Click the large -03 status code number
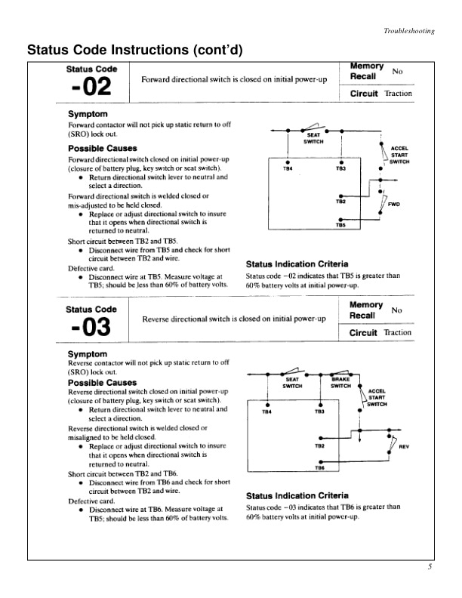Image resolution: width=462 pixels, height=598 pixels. (90, 329)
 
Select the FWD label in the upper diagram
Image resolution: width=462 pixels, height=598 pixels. (394, 204)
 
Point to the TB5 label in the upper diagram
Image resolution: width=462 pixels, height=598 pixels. (340, 225)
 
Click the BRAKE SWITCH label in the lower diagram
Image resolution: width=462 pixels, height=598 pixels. (343, 382)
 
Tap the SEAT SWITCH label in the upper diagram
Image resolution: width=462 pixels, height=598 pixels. (313, 138)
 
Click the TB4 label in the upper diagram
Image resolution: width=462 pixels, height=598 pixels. (287, 170)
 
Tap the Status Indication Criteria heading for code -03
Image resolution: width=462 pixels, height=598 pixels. (297, 495)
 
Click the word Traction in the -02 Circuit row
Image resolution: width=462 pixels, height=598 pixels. (398, 94)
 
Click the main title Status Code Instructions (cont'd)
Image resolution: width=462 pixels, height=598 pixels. (135, 51)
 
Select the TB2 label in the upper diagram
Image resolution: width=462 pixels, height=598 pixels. (340, 202)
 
